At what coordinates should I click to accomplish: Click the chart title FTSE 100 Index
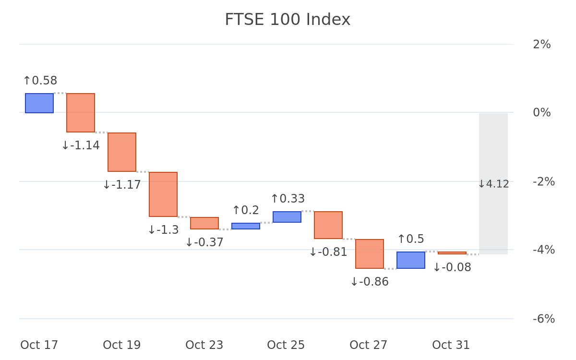pyautogui.click(x=288, y=20)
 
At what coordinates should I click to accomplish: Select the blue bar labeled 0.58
pyautogui.click(x=39, y=103)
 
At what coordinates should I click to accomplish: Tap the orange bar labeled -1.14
pyautogui.click(x=81, y=113)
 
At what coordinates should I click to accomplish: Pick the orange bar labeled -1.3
pyautogui.click(x=163, y=194)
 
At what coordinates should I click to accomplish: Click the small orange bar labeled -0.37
pyautogui.click(x=204, y=223)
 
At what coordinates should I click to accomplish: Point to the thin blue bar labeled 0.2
pyautogui.click(x=246, y=226)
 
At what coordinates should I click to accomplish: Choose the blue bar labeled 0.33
pyautogui.click(x=287, y=217)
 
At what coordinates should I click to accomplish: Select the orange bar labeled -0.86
pyautogui.click(x=370, y=254)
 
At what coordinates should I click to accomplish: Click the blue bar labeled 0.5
pyautogui.click(x=411, y=260)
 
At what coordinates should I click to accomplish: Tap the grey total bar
pyautogui.click(x=493, y=184)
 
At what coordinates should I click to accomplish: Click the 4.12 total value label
pyautogui.click(x=493, y=184)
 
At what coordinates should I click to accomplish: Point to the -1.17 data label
pyautogui.click(x=122, y=185)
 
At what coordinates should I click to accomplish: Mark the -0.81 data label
pyautogui.click(x=328, y=252)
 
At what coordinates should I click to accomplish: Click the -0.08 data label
pyautogui.click(x=452, y=267)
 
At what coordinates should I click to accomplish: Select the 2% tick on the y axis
pyautogui.click(x=542, y=45)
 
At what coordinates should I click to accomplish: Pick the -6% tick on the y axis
pyautogui.click(x=544, y=319)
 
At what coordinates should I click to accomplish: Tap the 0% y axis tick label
pyautogui.click(x=542, y=113)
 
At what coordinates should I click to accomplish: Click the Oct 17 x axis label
pyautogui.click(x=39, y=345)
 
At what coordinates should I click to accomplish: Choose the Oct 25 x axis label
pyautogui.click(x=286, y=345)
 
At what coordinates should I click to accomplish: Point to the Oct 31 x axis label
pyautogui.click(x=451, y=345)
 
